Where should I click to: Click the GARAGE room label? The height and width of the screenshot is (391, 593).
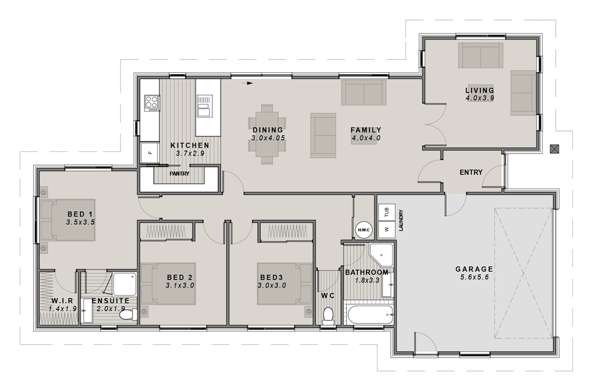474,269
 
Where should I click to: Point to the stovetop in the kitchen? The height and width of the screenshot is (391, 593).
152,103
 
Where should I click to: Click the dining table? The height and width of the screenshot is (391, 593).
267,134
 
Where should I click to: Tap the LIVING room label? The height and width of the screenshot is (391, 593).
480,90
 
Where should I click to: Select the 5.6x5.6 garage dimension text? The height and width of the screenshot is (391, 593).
474,277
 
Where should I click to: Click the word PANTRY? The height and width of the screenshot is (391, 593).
179,174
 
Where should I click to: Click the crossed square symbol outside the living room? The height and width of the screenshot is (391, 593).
554,149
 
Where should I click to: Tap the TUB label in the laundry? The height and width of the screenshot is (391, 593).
387,213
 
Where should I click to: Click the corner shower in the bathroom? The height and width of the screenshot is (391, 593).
381,255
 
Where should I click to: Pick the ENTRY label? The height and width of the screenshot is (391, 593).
471,172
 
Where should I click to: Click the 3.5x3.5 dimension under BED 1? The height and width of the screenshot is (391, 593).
80,222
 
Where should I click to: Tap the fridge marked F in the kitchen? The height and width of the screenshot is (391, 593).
150,152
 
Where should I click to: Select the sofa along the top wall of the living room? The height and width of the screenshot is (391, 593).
481,55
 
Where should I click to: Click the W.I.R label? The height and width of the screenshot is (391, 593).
62,301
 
